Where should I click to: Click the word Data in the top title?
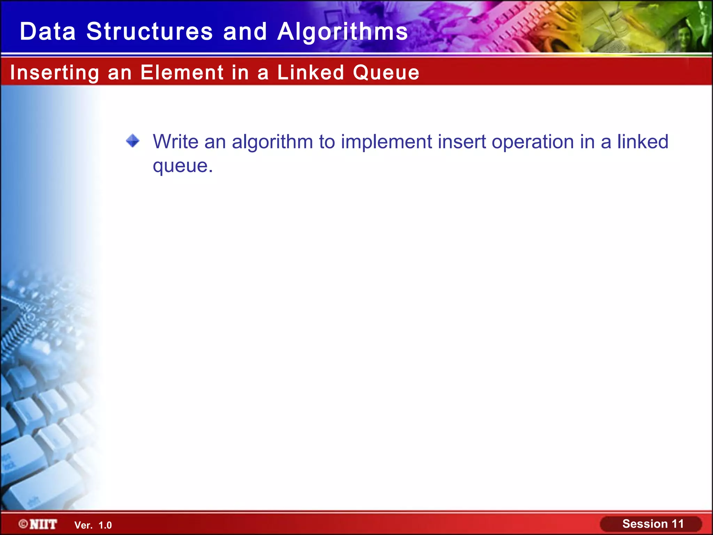tap(48, 31)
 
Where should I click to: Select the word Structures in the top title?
tap(149, 31)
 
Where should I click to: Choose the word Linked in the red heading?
tap(311, 72)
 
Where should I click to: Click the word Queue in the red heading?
tap(386, 73)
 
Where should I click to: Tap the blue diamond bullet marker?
tap(133, 141)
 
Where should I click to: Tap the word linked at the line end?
tap(642, 142)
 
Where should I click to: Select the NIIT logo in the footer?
tap(43, 524)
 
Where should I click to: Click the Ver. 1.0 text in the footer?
tap(93, 525)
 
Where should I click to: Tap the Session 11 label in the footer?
tap(653, 524)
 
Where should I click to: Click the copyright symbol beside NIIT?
tap(23, 524)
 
